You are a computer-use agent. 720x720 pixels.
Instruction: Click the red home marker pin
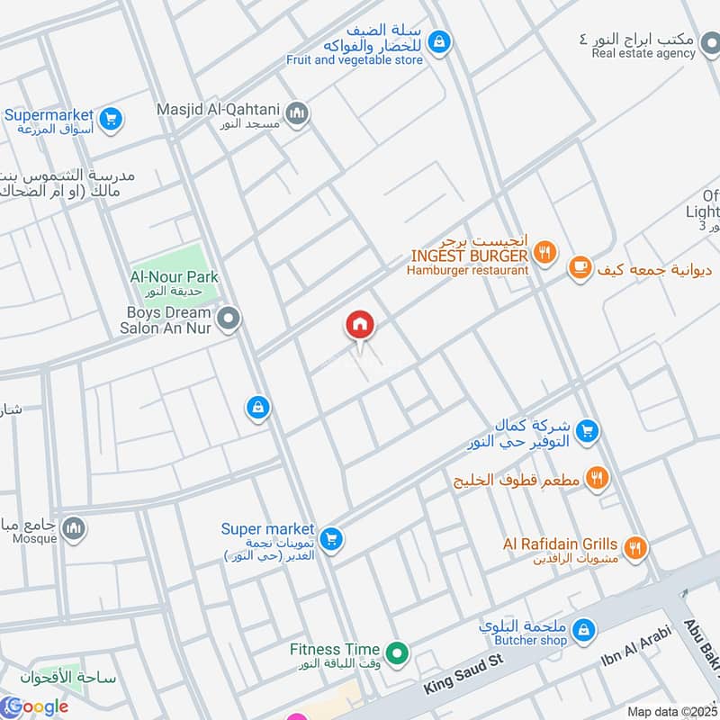360,325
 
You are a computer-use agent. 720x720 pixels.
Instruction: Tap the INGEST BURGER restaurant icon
544,255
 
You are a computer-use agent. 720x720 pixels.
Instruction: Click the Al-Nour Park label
175,277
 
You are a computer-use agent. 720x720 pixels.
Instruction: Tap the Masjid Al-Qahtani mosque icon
298,114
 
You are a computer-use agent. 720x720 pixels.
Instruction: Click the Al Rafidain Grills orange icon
635,545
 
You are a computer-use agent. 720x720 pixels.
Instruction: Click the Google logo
35,706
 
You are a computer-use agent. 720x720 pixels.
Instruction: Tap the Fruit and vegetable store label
354,60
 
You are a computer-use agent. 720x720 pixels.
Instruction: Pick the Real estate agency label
643,53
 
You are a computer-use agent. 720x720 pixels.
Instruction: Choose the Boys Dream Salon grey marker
229,318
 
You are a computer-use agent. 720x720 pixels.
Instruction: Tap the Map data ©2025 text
672,712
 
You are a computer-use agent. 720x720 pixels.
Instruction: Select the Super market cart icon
332,538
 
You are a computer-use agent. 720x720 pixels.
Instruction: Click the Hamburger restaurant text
467,270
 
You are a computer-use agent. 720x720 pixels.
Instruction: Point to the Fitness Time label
328,649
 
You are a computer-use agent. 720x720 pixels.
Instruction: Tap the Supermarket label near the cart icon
49,115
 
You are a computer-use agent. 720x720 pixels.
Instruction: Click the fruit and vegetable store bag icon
439,40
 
